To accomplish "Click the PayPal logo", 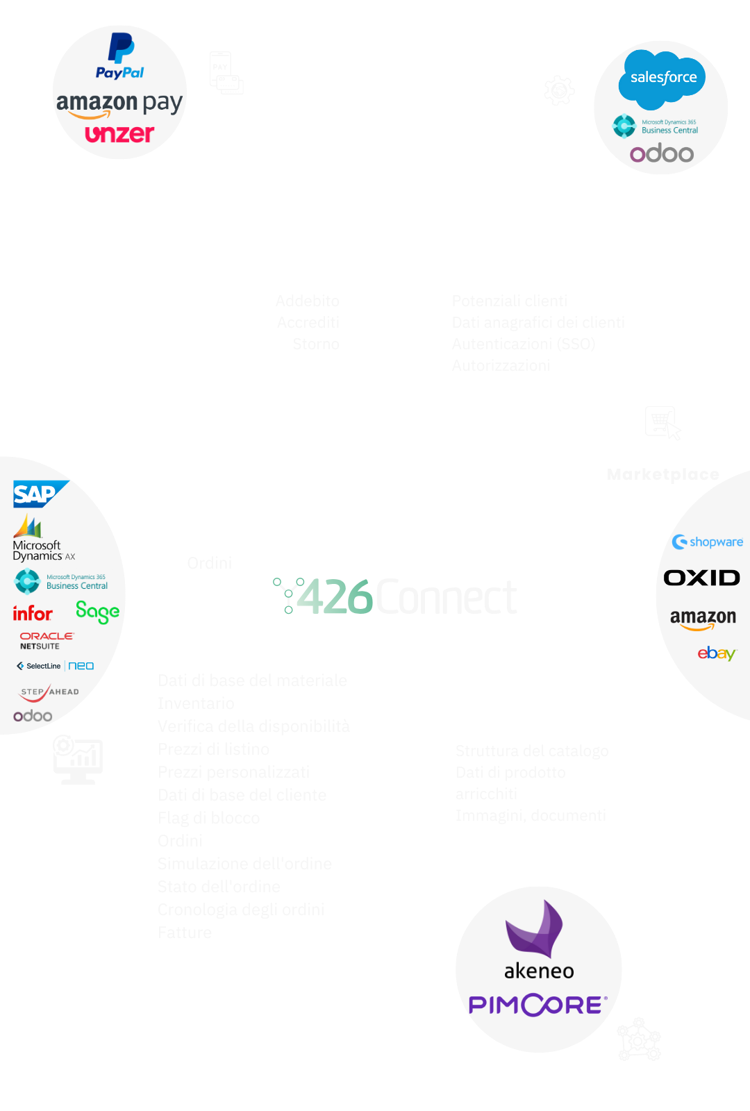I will point(120,56).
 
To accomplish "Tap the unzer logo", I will point(119,133).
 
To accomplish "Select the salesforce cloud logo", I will point(662,78).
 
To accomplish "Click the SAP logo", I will point(40,494).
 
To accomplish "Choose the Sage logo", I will point(97,612).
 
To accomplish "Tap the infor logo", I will point(33,613).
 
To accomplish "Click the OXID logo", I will point(701,578).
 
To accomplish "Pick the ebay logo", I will point(717,653).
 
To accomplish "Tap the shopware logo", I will point(708,542).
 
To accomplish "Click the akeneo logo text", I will point(539,971).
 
